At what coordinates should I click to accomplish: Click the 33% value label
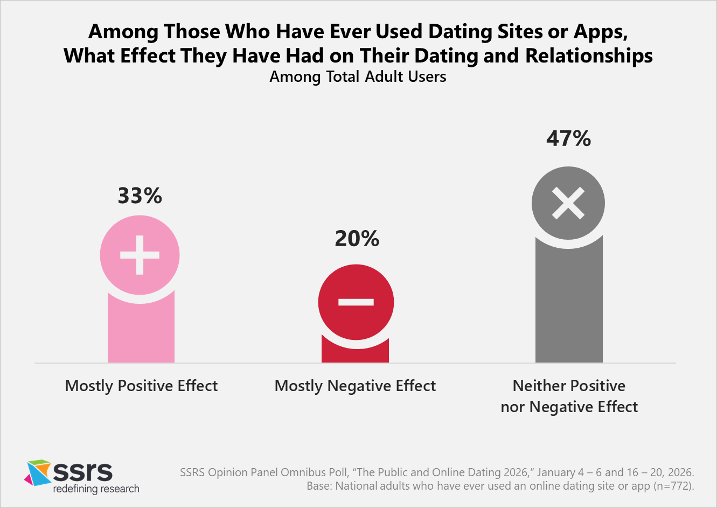140,196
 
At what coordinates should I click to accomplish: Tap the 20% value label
357,239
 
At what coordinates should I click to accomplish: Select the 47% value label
568,138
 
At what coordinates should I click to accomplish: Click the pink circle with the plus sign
140,255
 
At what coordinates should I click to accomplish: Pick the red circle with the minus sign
356,302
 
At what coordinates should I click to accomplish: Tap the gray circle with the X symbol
568,204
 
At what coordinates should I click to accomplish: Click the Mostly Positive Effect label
141,386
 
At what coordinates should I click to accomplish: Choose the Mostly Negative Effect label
355,386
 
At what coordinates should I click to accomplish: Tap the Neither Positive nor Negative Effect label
569,396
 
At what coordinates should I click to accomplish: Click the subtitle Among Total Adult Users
358,77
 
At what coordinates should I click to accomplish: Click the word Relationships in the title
589,56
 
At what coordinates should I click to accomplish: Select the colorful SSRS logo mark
38,472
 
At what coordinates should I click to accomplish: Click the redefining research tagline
96,489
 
